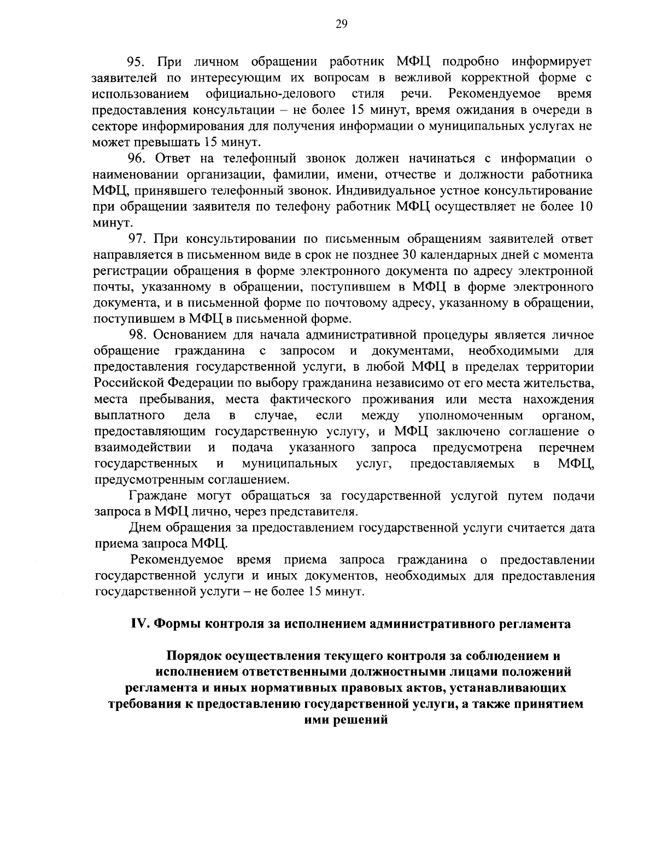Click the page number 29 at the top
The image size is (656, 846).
pos(327,23)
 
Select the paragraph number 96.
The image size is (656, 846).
pos(137,159)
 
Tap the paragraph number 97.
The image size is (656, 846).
pos(137,238)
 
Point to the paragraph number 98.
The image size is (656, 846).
pos(137,335)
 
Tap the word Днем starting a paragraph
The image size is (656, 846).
pos(145,528)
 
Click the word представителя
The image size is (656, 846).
pos(320,512)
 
